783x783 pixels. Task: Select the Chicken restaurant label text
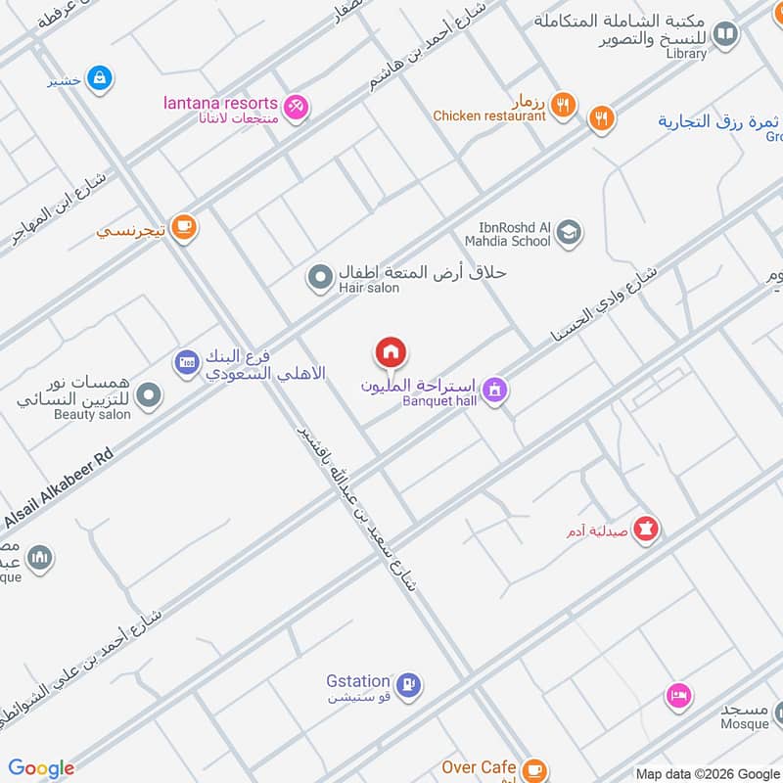coord(489,115)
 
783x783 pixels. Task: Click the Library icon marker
coord(725,36)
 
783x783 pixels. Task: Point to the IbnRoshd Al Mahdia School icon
coord(568,233)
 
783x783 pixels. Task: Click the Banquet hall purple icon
coord(495,390)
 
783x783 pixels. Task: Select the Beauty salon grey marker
coord(149,396)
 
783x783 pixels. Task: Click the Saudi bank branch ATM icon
coord(187,363)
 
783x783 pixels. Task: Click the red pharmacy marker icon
coord(646,530)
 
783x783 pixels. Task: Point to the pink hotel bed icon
coord(678,696)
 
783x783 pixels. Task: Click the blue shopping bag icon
coord(100,76)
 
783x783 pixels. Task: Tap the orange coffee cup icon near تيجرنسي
coord(182,227)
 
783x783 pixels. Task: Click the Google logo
coord(41,768)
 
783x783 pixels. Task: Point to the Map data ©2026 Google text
coord(706,772)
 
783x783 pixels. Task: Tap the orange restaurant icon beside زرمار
coord(562,106)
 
